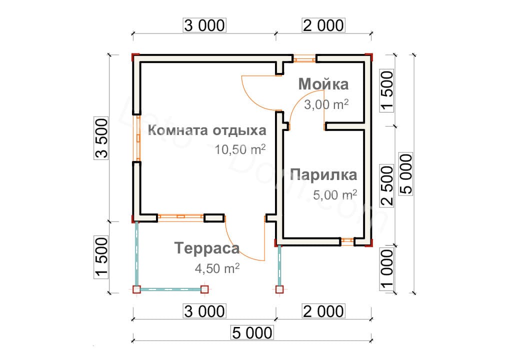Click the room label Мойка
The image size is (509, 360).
point(323,84)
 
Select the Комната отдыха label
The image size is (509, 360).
point(207,130)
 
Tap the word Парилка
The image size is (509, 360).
point(323,175)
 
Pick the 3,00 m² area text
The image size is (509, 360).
point(326,104)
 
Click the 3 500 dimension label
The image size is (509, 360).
point(101,138)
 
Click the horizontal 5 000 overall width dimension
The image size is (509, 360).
point(252,332)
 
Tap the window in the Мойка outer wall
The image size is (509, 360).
point(304,59)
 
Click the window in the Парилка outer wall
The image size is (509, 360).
point(347,241)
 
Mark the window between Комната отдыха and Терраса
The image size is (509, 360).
point(180,217)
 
